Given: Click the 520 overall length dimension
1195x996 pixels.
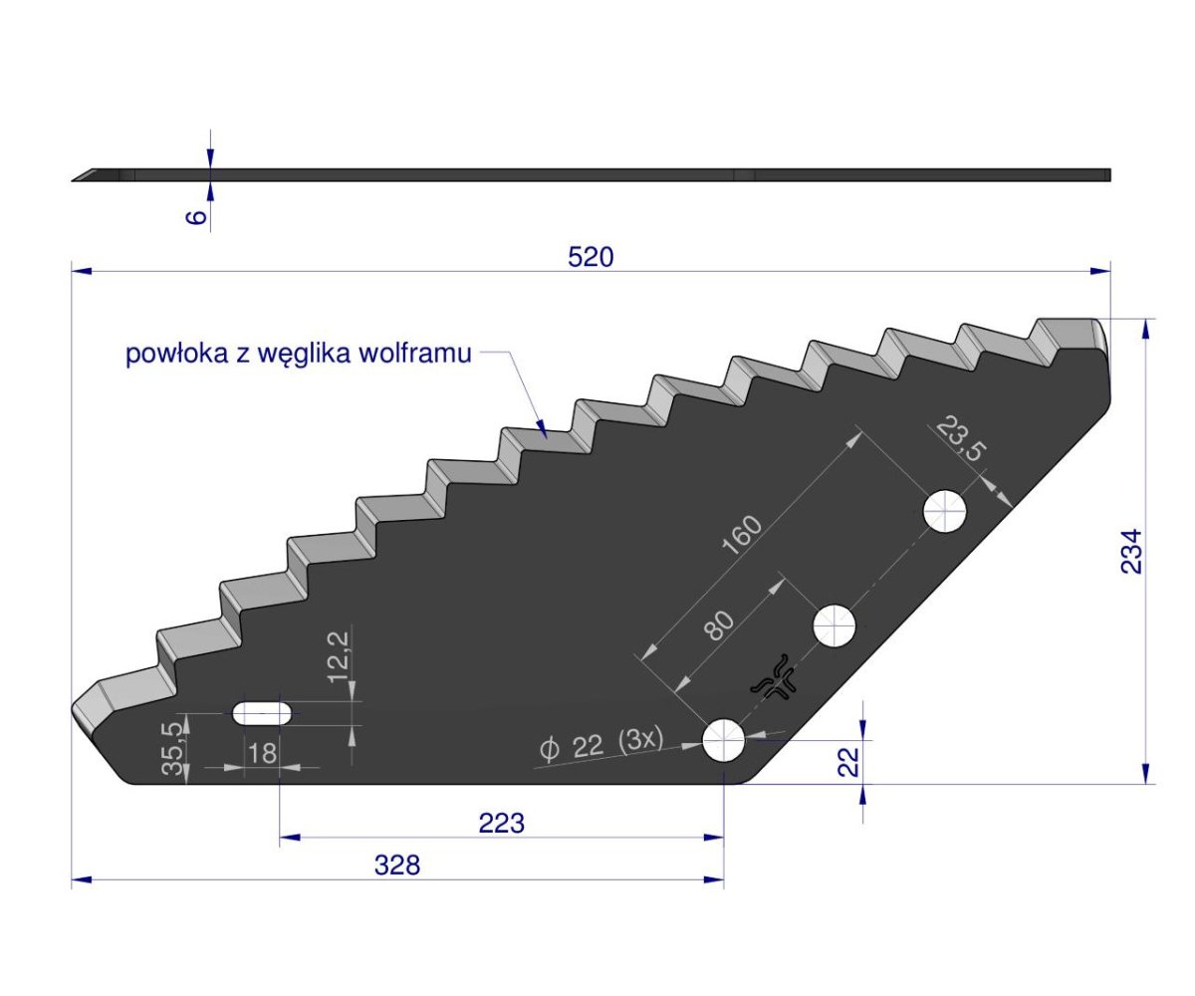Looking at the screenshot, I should point(591,257).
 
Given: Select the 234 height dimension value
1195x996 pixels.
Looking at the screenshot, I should point(1132,551).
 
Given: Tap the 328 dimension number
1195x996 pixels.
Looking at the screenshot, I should point(397,866).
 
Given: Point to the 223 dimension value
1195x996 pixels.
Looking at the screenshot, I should point(501,824).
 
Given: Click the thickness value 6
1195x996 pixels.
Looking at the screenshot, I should point(197,215).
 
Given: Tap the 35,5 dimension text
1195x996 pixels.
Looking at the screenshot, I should point(173,749).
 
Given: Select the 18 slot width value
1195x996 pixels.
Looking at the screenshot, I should point(262,753).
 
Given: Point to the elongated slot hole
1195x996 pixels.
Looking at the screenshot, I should point(262,713).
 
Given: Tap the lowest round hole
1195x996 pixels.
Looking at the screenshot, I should point(725,741).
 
